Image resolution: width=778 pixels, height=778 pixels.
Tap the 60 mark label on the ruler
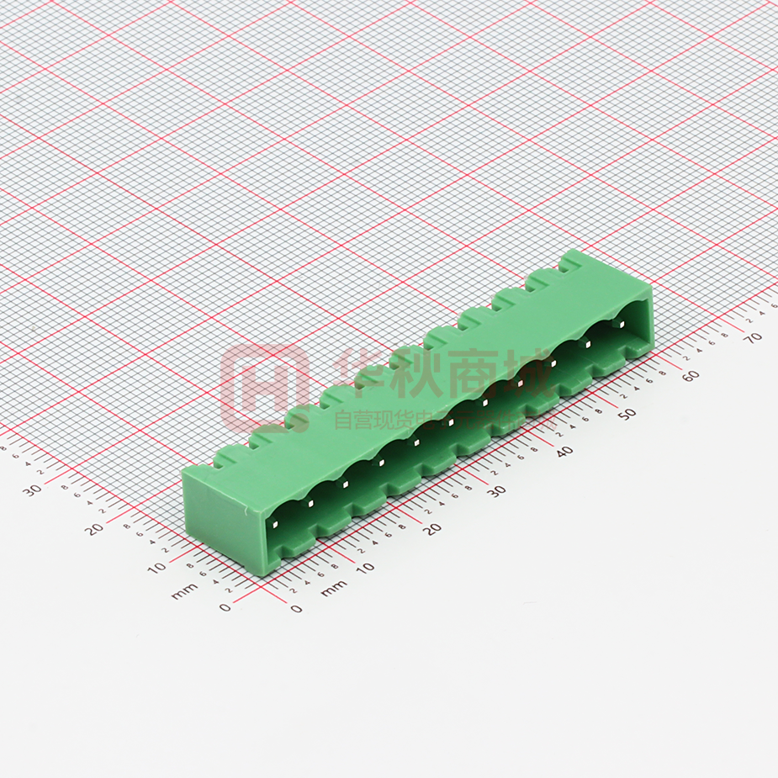[691, 375]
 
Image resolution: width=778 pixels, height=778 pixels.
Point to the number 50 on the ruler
[627, 414]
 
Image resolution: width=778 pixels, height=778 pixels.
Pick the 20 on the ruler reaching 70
[432, 528]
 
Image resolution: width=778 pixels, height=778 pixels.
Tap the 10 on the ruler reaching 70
[364, 568]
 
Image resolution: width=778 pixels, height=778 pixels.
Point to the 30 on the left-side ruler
[33, 490]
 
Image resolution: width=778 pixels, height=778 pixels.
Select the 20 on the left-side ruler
[94, 528]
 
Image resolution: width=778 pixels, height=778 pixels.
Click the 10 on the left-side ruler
[156, 568]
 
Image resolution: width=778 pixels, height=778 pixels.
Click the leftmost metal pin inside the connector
[276, 526]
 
